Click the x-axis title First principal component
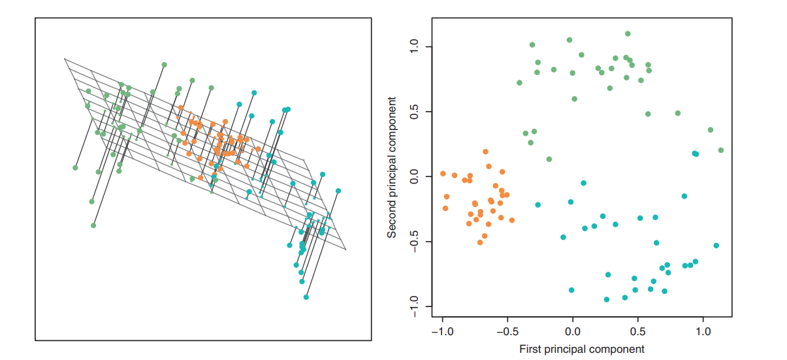click(x=582, y=349)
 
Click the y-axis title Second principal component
click(x=392, y=167)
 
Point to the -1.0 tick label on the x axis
click(x=442, y=331)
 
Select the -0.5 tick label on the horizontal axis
click(x=507, y=331)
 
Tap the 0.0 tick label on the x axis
click(x=573, y=331)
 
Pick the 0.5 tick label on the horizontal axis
click(x=638, y=331)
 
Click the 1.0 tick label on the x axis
click(x=703, y=331)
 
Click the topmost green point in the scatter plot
click(x=628, y=33)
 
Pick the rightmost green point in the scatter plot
click(x=721, y=150)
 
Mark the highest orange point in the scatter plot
click(x=485, y=152)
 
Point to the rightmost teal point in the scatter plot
click(x=716, y=246)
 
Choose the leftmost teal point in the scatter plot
click(x=538, y=205)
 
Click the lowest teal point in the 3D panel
click(x=306, y=297)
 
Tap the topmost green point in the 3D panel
click(x=164, y=65)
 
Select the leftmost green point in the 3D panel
click(x=75, y=168)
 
